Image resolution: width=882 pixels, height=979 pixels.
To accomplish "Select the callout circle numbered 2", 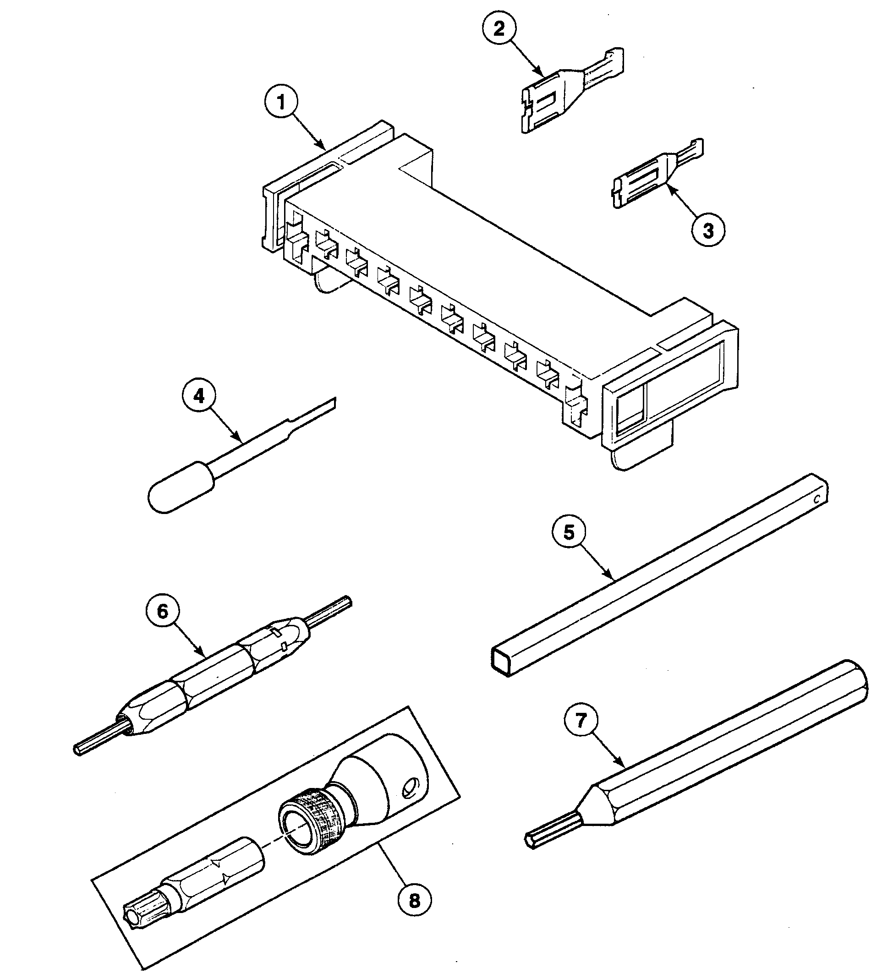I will click(x=499, y=28).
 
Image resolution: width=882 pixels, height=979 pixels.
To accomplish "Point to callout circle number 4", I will click(x=199, y=396).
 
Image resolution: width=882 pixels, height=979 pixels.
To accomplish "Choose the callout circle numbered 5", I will click(x=569, y=532).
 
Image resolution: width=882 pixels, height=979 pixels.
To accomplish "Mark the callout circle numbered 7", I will click(x=581, y=720).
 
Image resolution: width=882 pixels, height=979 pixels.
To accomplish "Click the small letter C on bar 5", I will click(x=816, y=499).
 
